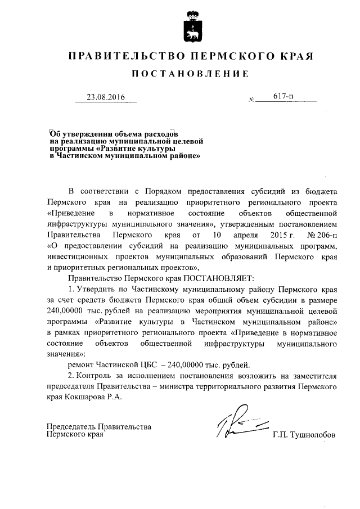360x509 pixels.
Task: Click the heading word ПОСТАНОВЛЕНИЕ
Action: coord(189,74)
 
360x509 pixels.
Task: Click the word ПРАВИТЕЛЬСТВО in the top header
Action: coord(123,56)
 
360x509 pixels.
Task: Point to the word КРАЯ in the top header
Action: coord(296,56)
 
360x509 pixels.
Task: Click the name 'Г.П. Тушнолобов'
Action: coord(304,435)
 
